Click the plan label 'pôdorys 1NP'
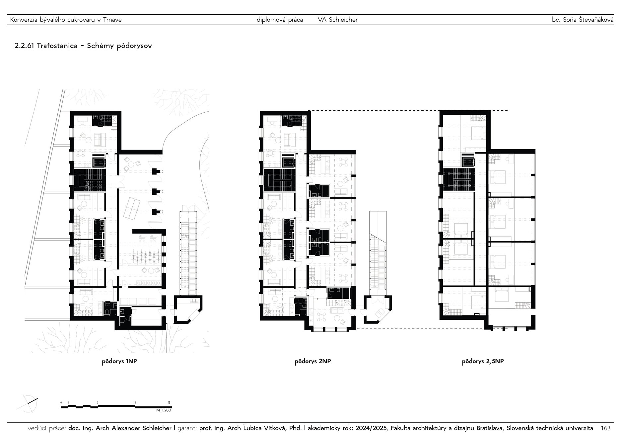(119, 362)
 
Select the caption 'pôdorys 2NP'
(312, 362)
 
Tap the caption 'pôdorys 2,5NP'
(483, 362)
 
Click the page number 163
(605, 428)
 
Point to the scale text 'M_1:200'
(164, 410)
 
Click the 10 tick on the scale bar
(134, 403)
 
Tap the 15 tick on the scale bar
(169, 403)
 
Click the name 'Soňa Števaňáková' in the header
(587, 20)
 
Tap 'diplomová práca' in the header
(280, 20)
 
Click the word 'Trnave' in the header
(112, 20)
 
